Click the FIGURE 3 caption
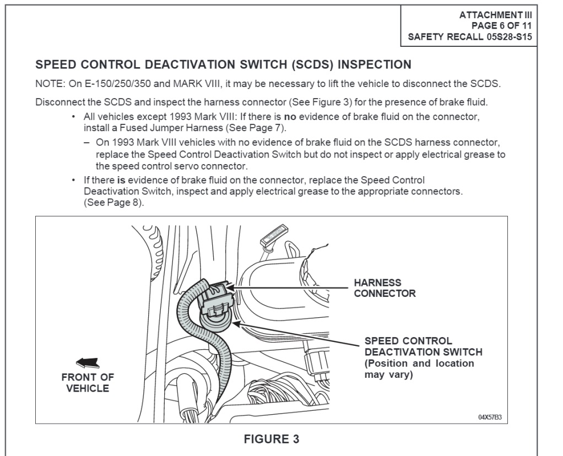[x=272, y=439]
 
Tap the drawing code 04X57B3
[x=489, y=417]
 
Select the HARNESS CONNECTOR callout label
[x=385, y=288]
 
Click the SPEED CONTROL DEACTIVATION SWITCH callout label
[x=423, y=346]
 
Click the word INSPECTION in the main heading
[x=374, y=65]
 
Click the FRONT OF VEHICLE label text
[x=88, y=383]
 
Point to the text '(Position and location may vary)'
[x=419, y=369]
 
